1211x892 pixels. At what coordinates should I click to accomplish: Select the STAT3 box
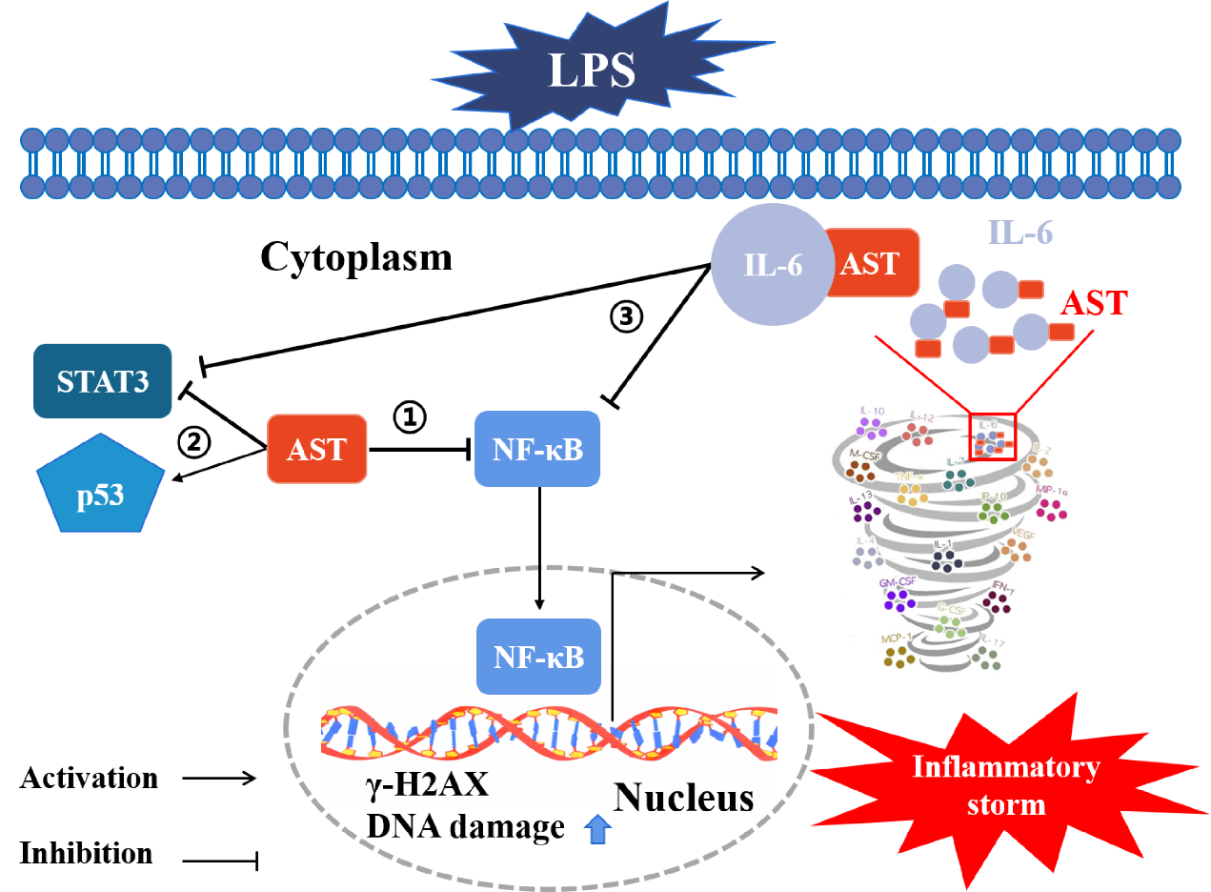[x=103, y=381]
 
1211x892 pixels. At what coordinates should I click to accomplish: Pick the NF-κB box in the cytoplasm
[x=538, y=448]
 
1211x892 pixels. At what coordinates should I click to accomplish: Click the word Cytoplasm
[x=355, y=257]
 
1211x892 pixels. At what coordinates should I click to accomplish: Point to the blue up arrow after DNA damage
[x=599, y=830]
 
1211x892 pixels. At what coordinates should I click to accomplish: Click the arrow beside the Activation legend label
[x=219, y=779]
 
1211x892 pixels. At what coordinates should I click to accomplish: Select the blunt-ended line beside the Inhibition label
[x=219, y=862]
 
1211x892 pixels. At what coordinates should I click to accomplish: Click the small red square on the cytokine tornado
[x=994, y=436]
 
